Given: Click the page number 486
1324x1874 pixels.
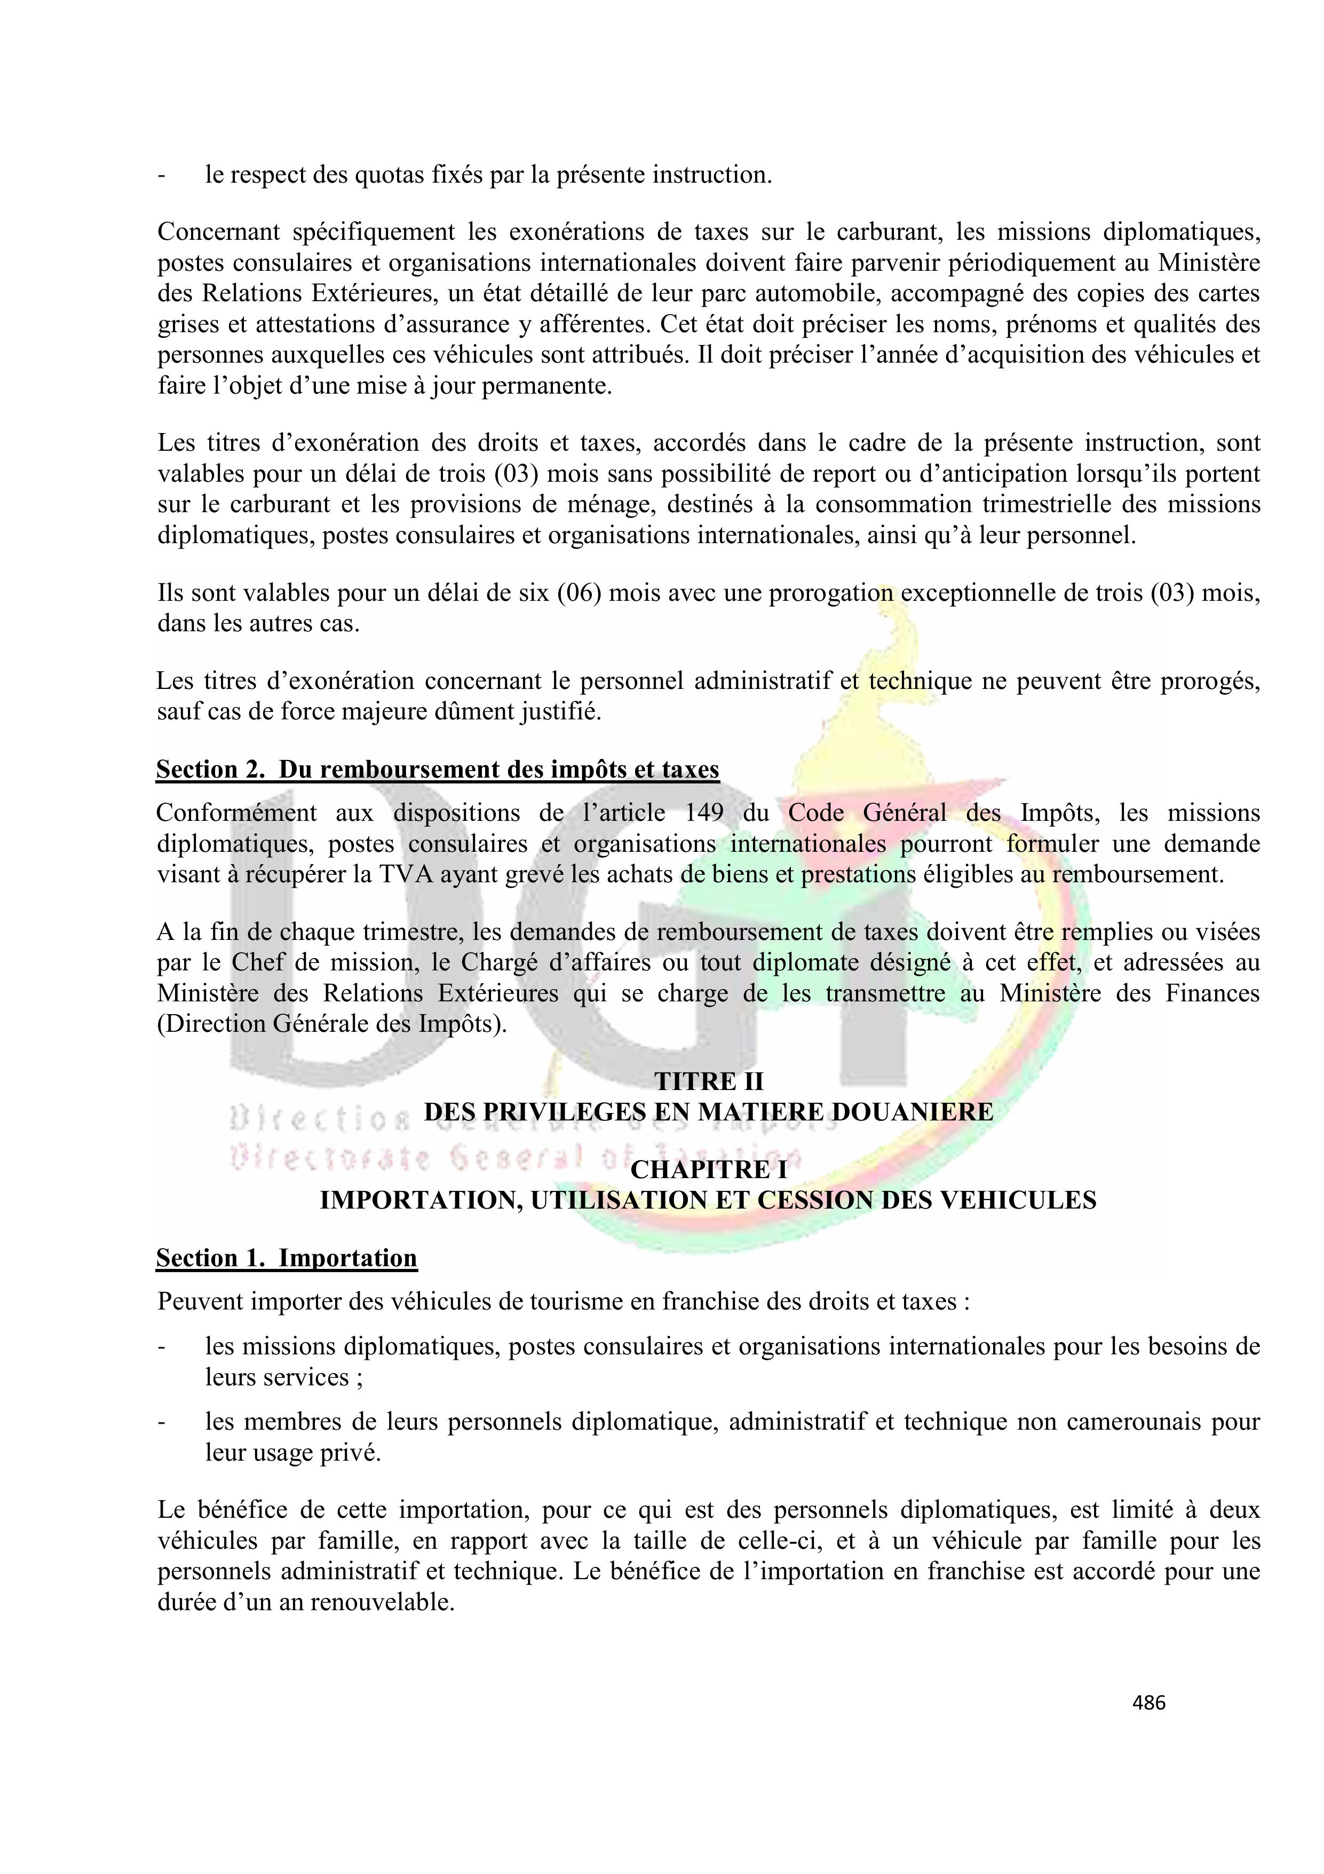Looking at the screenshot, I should [x=1148, y=1702].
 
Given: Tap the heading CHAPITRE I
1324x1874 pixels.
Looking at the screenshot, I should [x=708, y=1169].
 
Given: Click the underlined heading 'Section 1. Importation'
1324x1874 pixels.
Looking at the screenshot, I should [x=287, y=1257].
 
